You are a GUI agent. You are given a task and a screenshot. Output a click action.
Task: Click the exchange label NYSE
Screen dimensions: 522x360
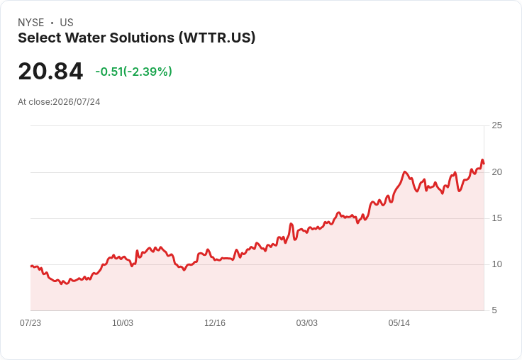tap(31, 23)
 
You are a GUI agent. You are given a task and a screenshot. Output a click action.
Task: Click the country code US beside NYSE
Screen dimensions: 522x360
tap(67, 23)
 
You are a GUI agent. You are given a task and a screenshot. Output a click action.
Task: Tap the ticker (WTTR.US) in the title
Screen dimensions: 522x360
tap(217, 38)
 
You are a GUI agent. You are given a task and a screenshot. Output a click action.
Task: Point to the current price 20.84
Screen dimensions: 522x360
tap(50, 71)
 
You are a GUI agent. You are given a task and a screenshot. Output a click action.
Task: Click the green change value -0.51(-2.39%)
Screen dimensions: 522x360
tap(133, 72)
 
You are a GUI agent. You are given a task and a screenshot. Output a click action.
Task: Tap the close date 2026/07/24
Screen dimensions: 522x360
tap(77, 102)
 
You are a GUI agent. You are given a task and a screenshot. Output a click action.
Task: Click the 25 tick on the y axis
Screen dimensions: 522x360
tap(496, 125)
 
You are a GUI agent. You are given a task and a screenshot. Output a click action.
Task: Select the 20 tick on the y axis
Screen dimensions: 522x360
tap(496, 172)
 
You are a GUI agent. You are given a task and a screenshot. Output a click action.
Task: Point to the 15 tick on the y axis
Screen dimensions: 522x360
tap(496, 218)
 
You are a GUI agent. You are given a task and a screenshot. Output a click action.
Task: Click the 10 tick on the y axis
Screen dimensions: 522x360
tap(496, 264)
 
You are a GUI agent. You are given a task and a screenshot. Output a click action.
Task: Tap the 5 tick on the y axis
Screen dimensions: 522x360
tap(494, 310)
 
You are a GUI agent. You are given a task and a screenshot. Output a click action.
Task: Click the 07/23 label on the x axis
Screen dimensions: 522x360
tap(30, 323)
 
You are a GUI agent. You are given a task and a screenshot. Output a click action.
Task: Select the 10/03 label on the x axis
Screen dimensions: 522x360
tap(123, 323)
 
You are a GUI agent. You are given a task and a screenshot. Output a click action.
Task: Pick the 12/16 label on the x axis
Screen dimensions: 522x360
tap(215, 323)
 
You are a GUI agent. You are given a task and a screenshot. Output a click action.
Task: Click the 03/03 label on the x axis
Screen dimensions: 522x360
tap(306, 323)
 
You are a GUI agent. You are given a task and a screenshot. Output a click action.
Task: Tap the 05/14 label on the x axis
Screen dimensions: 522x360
tap(399, 323)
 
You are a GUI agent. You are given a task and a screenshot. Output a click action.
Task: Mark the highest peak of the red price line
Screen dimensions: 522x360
tap(482, 160)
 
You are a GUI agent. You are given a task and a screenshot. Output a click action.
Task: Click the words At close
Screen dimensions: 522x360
tap(34, 102)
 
